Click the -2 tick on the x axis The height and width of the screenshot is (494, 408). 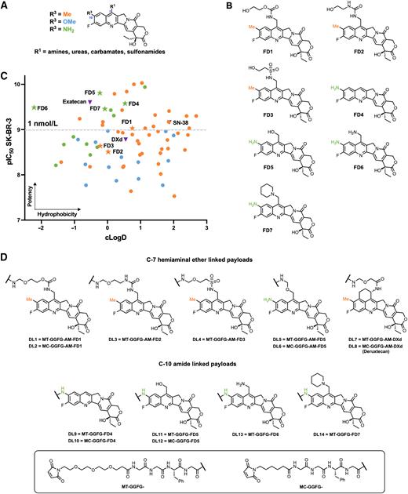tap(40, 227)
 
